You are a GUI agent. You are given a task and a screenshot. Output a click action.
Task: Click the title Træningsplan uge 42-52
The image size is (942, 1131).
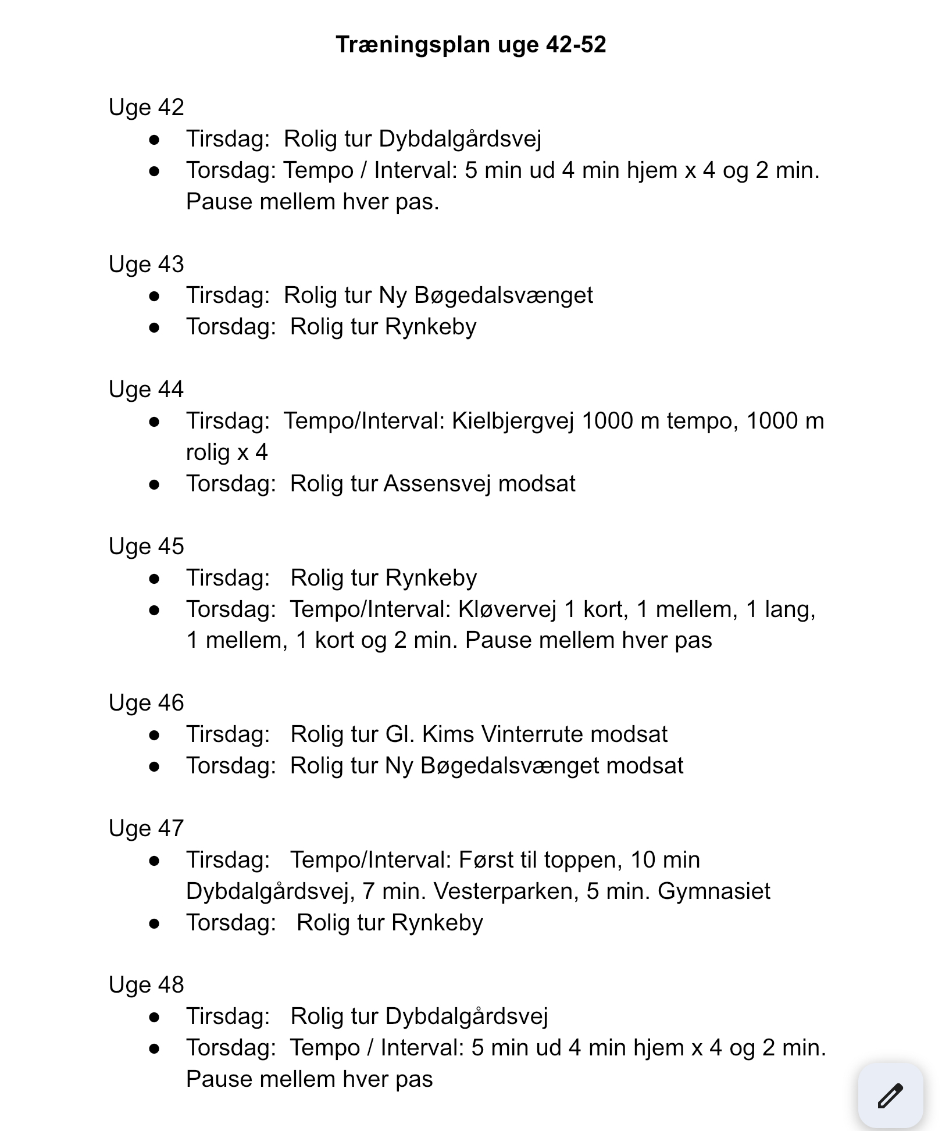(x=470, y=45)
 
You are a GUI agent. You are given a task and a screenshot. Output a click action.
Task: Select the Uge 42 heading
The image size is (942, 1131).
(x=146, y=108)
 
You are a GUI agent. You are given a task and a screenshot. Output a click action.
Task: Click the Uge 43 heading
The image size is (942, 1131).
(x=146, y=265)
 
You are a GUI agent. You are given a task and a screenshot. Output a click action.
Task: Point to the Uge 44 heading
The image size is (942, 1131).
(x=146, y=390)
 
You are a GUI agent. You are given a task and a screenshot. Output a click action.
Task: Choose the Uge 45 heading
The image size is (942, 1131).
(x=146, y=547)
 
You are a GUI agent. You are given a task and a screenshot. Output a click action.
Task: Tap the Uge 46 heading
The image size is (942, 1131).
(x=146, y=703)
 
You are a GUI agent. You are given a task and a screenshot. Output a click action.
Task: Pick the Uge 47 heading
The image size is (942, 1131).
(x=146, y=829)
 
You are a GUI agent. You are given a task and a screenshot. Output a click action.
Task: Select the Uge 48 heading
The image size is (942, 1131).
(x=146, y=985)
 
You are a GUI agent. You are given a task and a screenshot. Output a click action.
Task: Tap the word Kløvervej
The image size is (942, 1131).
(x=507, y=609)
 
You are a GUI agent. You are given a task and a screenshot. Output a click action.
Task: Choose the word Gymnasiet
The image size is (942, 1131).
(x=713, y=891)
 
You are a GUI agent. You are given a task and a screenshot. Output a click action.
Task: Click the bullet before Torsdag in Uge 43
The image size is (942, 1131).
(x=154, y=327)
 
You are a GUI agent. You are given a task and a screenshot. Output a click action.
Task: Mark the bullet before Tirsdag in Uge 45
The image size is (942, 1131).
(x=154, y=579)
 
